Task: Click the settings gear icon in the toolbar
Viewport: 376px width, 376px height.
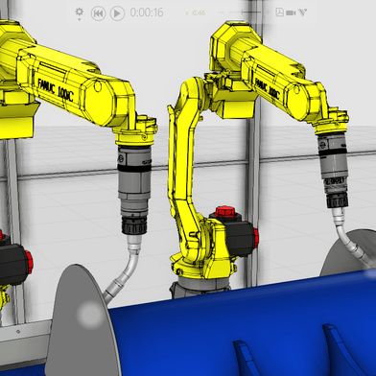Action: [80, 12]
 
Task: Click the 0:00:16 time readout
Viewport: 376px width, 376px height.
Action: [146, 12]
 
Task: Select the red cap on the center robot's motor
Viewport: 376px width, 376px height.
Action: [224, 210]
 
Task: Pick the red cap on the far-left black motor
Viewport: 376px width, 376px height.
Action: [28, 259]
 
